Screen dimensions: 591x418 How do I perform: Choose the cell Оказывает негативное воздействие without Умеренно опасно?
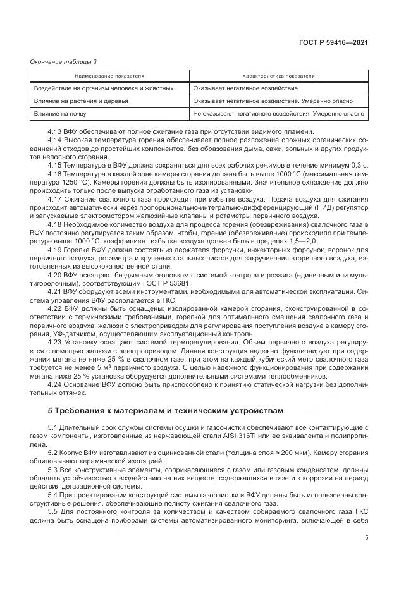pyautogui.click(x=245, y=88)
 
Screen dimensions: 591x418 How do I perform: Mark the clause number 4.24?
pyautogui.click(x=55, y=384)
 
